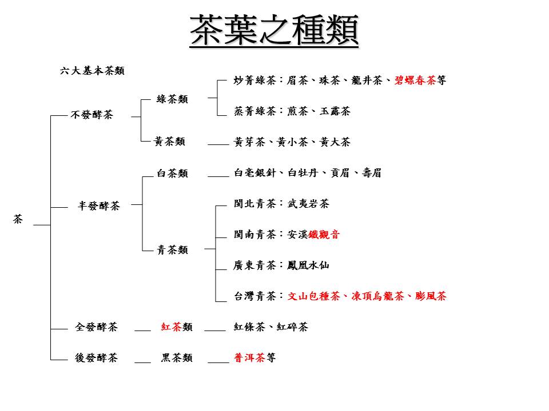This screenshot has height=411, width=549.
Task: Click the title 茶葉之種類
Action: click(274, 30)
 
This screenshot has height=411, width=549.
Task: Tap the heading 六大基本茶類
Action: click(92, 71)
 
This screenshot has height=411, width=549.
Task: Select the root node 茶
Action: click(18, 219)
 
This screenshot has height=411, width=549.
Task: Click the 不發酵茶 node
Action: click(91, 115)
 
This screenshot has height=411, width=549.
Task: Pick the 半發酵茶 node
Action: click(99, 206)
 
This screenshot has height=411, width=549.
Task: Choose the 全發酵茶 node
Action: click(96, 327)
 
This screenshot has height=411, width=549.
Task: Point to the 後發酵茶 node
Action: click(96, 358)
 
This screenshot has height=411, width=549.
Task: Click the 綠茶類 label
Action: click(172, 99)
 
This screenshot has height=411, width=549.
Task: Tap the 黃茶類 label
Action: click(169, 142)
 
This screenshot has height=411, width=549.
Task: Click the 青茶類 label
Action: click(172, 250)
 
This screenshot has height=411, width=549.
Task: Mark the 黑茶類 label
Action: click(177, 358)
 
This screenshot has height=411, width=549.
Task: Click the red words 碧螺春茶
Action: click(415, 80)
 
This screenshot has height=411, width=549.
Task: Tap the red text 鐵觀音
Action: click(324, 235)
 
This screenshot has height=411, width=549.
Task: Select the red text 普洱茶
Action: click(250, 358)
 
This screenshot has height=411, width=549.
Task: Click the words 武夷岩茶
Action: click(308, 204)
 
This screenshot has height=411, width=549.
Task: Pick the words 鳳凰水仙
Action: click(308, 265)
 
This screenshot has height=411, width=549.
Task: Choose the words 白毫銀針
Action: click(255, 173)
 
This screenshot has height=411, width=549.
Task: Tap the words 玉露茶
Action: click(335, 111)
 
